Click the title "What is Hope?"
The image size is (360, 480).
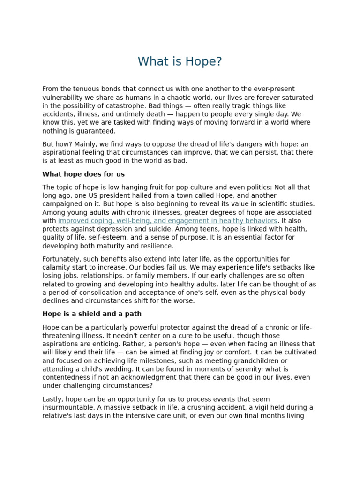click(180, 62)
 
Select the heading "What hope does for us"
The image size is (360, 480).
click(83, 174)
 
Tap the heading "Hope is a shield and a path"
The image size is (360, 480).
click(92, 314)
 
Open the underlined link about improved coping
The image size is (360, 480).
click(167, 221)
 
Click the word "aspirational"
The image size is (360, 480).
click(63, 153)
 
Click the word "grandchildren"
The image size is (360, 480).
click(265, 361)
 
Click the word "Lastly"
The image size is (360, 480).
click(52, 399)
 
